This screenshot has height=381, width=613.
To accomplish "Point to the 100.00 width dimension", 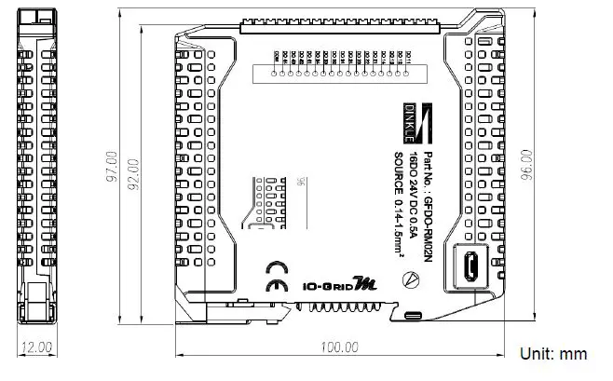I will click(339, 347).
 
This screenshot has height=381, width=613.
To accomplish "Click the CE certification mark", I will click(276, 287).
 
